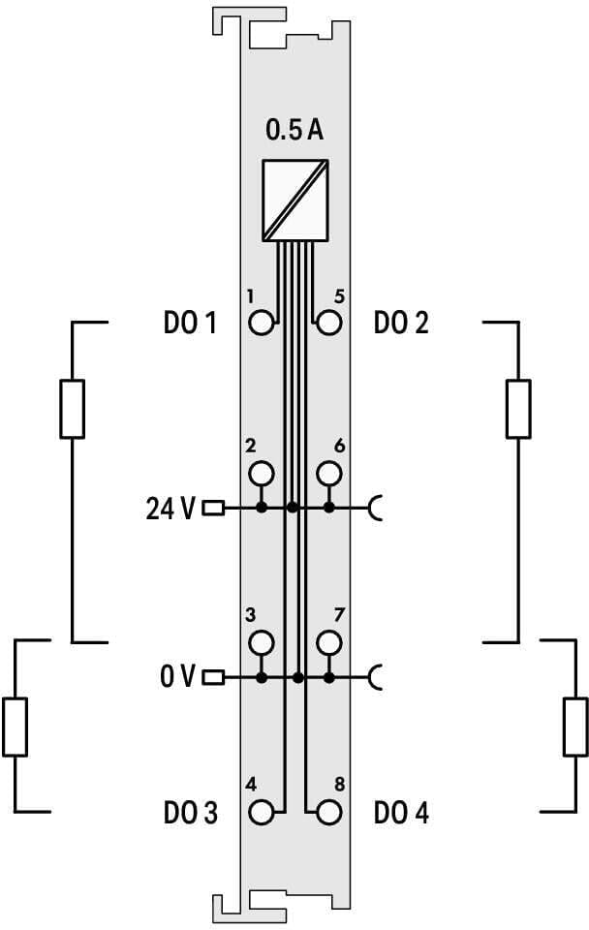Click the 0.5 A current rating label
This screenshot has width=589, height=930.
click(294, 130)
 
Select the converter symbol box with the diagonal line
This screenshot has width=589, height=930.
click(295, 201)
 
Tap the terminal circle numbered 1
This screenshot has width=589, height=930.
click(261, 324)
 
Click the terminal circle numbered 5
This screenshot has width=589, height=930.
click(329, 324)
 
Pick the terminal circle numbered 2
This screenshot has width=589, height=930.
click(261, 474)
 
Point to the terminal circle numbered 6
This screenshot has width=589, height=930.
click(329, 474)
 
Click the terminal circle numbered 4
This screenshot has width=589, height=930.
click(261, 812)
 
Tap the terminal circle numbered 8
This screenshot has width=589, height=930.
click(329, 812)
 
